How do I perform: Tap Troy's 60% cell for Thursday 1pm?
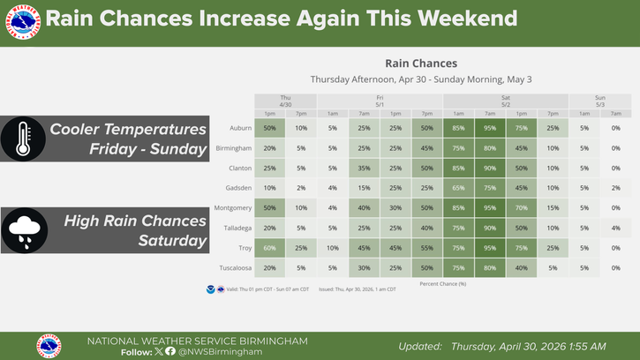(270, 249)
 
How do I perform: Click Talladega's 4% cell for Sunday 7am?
(616, 229)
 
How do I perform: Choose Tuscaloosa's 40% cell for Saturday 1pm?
(522, 268)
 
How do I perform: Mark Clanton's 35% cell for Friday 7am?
(365, 169)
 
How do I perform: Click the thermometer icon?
(18, 139)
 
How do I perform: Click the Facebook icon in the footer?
(170, 351)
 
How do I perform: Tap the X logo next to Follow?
(159, 351)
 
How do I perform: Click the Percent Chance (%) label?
(444, 283)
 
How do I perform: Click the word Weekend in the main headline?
(470, 19)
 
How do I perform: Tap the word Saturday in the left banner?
(173, 240)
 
